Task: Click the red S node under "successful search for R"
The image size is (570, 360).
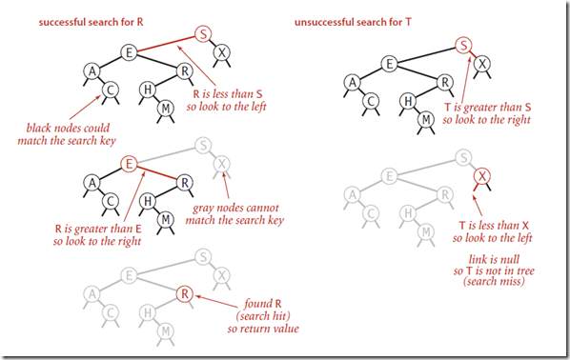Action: pyautogui.click(x=203, y=34)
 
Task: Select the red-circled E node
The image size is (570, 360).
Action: pyautogui.click(x=129, y=164)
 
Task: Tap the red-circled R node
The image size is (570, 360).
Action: pyautogui.click(x=185, y=293)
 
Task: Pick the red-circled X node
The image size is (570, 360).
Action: pyautogui.click(x=482, y=176)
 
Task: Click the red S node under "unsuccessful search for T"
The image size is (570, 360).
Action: pyautogui.click(x=463, y=46)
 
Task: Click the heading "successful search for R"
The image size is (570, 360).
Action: pyautogui.click(x=91, y=22)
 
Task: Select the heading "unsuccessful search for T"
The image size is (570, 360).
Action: pyautogui.click(x=353, y=22)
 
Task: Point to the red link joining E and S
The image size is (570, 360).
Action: pyautogui.click(x=166, y=44)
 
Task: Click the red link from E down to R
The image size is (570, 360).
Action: pyautogui.click(x=156, y=173)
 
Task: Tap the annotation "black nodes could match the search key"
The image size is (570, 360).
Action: pyautogui.click(x=67, y=134)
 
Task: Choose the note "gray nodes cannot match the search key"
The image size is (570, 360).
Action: pyautogui.click(x=234, y=214)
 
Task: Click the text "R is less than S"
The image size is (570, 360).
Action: pyautogui.click(x=227, y=94)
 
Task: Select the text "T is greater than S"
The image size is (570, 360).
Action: pyautogui.click(x=487, y=108)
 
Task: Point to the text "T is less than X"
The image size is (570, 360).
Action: pyautogui.click(x=494, y=226)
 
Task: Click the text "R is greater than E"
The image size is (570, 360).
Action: pyautogui.click(x=98, y=229)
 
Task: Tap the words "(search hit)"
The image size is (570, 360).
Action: pyautogui.click(x=263, y=316)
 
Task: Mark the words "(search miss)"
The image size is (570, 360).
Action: pyautogui.click(x=494, y=281)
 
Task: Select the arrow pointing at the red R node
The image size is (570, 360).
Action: pyautogui.click(x=219, y=302)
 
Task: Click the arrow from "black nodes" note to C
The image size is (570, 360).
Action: pyautogui.click(x=85, y=108)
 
